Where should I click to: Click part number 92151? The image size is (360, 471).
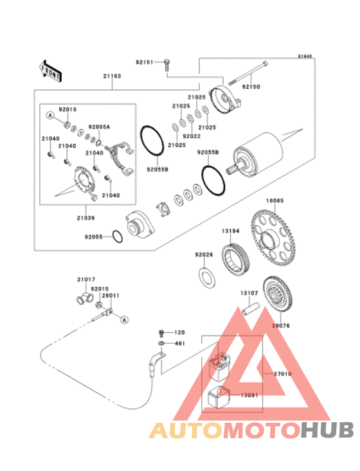[x=144, y=62]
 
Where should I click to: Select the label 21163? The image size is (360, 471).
[x=112, y=76]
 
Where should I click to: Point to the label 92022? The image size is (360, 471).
[x=191, y=136]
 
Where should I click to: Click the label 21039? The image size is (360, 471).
[x=87, y=218]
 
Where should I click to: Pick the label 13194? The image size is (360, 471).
[x=231, y=230]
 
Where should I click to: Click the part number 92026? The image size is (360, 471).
[x=204, y=255]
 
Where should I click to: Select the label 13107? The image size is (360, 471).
[x=249, y=292]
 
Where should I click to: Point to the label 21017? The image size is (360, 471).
[x=86, y=280]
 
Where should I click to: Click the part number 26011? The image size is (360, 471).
[x=111, y=296]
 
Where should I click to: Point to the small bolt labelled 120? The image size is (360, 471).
[x=160, y=333]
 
